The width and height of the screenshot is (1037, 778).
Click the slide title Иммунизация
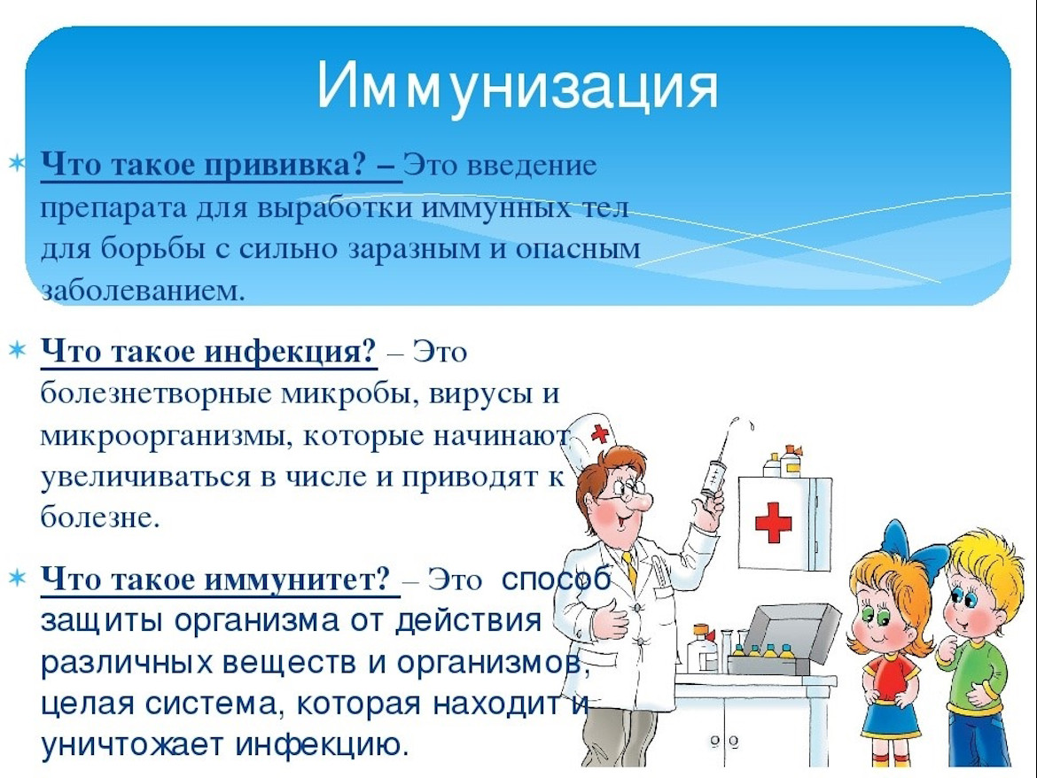point(518,86)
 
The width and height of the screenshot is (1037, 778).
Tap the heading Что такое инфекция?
point(209,353)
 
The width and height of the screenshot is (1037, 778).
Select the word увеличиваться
point(141,477)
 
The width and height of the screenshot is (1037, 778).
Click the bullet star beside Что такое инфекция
point(17,353)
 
